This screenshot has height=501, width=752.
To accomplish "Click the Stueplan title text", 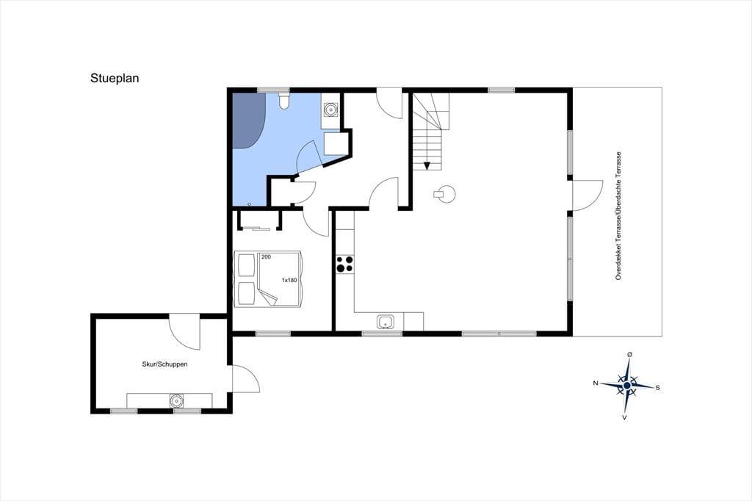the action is tap(115, 78).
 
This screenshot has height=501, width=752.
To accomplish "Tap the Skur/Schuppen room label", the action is tap(164, 364).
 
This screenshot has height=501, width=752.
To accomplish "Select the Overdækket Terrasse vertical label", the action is tap(618, 216).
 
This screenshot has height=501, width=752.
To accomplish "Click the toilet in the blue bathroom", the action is tap(284, 101).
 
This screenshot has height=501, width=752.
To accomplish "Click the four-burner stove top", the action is tap(345, 264).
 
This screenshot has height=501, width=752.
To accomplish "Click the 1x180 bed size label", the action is tap(289, 281).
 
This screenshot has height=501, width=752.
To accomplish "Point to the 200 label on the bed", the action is tap(266, 257).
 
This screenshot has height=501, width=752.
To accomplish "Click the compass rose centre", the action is tap(627, 386).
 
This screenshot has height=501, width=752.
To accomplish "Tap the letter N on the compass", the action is tap(596, 383).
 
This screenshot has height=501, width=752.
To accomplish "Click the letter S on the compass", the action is tap(657, 387).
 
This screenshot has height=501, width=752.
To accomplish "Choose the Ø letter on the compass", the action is tap(629, 355).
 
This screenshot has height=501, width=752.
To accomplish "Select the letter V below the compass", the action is tap(624, 417).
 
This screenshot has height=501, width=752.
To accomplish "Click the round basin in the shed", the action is tap(176, 400).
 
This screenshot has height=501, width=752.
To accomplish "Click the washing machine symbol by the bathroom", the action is tap(330, 110).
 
